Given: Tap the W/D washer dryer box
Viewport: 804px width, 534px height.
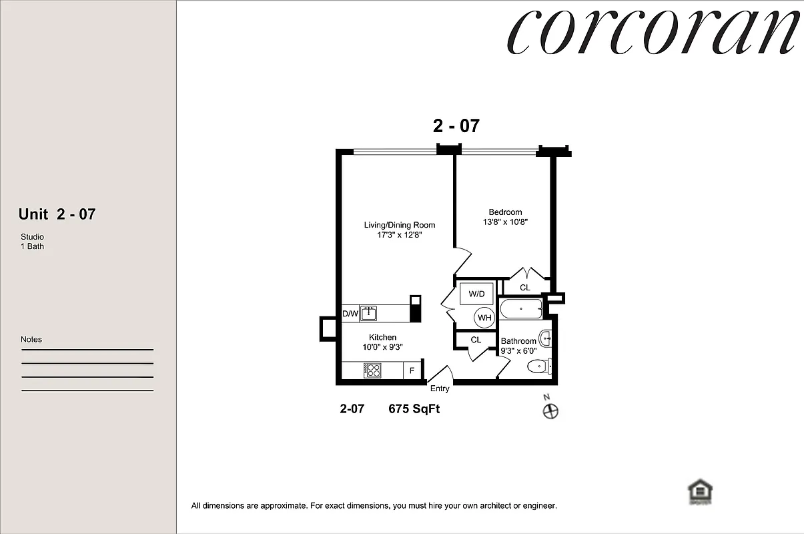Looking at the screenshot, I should point(476,294).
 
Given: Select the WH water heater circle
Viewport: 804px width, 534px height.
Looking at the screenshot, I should point(484,318).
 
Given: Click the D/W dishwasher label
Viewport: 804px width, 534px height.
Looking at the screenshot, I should point(350,313).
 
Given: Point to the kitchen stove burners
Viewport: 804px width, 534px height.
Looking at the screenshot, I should point(372,370).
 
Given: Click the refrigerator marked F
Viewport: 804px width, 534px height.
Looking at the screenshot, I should point(412,370).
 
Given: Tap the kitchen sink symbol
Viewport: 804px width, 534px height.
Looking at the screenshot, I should point(369,312).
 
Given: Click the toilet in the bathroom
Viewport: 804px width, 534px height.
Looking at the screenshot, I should point(538,366).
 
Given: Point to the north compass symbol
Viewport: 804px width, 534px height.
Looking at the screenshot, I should point(551,411).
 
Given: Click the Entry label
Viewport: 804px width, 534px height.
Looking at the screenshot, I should point(440,388).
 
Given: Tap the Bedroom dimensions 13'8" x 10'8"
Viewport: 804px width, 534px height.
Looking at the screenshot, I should point(505,222).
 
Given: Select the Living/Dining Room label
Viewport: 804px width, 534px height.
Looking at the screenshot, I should point(399,225).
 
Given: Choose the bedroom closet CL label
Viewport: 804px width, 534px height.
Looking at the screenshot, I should point(524,288).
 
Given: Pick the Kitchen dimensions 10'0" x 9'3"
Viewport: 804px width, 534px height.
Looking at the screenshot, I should point(382,346).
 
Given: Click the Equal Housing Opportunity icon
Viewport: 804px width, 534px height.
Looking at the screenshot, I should point(700,492).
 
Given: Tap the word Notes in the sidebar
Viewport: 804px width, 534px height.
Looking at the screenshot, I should point(31,339).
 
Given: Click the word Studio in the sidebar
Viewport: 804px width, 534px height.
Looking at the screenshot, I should point(32,237).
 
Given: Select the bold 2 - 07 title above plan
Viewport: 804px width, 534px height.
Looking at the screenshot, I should point(456,125).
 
